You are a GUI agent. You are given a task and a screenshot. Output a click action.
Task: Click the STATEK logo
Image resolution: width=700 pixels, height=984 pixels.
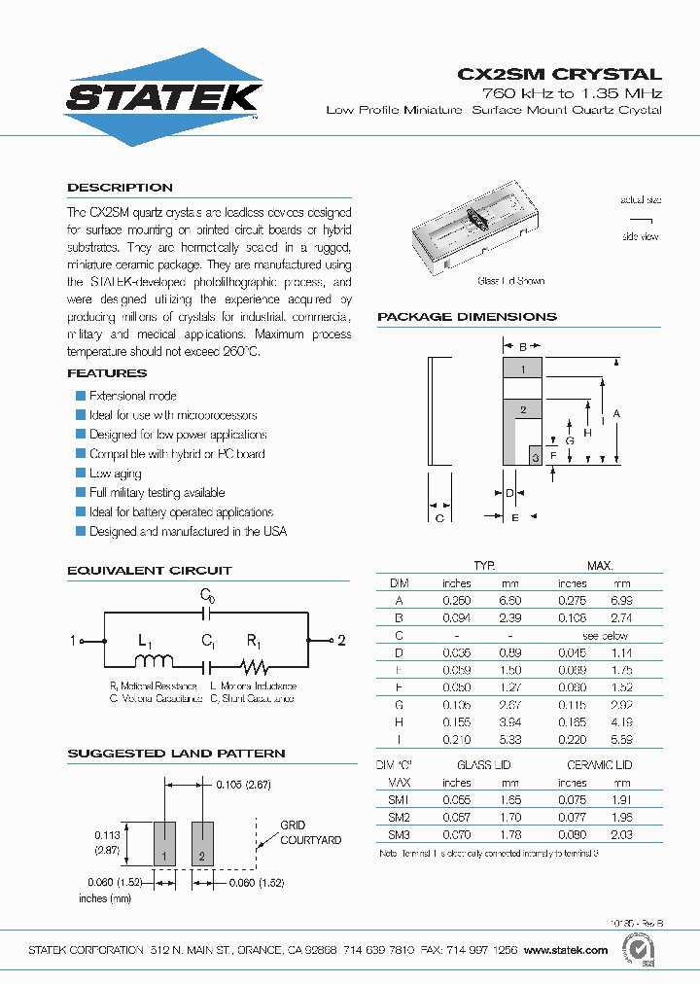tap(162, 97)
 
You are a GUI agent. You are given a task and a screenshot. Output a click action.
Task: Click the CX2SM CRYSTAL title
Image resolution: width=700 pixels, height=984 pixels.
tap(559, 74)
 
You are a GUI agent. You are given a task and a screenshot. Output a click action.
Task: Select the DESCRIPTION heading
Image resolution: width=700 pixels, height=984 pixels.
tap(120, 188)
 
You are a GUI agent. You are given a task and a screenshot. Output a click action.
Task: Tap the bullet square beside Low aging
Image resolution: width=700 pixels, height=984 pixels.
tap(81, 474)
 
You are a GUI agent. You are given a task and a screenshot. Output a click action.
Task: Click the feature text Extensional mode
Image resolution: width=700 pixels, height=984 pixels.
tap(132, 396)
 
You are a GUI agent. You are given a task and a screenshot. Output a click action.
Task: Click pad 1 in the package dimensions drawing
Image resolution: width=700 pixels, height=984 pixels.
tap(522, 369)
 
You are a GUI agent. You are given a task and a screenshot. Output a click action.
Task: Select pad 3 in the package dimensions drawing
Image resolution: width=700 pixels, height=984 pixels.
tap(534, 456)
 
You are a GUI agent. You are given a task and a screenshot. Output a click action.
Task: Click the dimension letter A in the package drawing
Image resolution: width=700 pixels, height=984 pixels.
tap(615, 413)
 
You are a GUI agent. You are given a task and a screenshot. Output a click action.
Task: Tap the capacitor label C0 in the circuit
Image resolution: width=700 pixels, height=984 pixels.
tap(207, 594)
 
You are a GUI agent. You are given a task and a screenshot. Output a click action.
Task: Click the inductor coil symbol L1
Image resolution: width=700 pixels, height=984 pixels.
tap(153, 662)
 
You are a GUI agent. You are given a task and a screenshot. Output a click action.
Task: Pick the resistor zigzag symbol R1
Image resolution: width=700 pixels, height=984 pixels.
tap(254, 666)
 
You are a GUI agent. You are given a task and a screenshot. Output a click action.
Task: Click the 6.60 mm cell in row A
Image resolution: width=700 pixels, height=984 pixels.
tap(509, 601)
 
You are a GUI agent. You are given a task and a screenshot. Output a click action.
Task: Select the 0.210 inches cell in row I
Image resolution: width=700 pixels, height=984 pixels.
tap(456, 739)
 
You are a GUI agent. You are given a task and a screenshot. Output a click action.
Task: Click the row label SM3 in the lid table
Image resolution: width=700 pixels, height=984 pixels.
tap(399, 834)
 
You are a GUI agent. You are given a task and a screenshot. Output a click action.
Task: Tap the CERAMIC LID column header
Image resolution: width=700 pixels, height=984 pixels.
tap(600, 765)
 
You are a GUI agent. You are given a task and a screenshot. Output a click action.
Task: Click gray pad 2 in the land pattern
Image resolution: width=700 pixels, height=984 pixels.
tap(202, 843)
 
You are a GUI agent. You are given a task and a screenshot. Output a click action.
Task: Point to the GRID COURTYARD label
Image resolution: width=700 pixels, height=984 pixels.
tap(310, 832)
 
